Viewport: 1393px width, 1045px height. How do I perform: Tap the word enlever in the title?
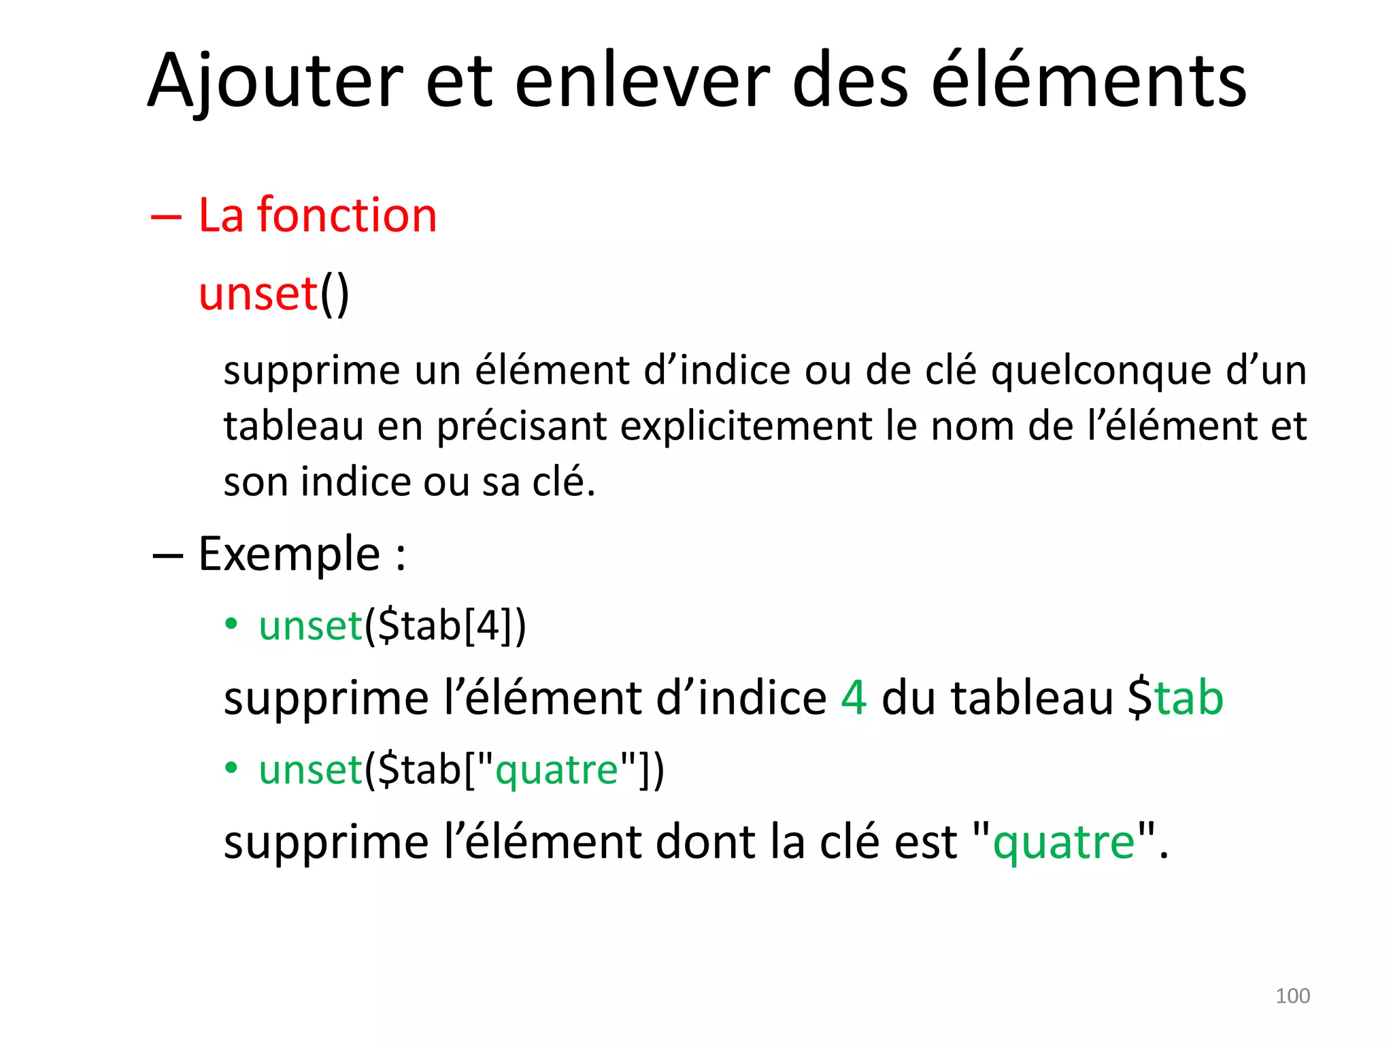[x=642, y=82]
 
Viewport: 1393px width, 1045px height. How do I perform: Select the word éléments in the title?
[x=1088, y=82]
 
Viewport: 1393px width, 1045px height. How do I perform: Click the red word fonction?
[x=347, y=215]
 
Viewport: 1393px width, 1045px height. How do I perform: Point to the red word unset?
[x=258, y=294]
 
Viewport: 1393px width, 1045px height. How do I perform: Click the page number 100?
[x=1292, y=996]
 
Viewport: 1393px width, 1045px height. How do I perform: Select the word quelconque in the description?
[x=1101, y=371]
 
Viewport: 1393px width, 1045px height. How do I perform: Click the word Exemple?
[x=289, y=554]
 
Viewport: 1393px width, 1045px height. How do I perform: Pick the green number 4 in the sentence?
[x=854, y=698]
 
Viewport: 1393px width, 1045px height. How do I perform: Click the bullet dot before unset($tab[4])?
[x=232, y=624]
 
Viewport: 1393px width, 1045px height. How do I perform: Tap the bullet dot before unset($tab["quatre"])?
[x=232, y=768]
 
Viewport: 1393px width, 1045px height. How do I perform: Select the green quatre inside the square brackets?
[x=556, y=770]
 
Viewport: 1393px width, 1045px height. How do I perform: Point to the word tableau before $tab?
[x=1032, y=698]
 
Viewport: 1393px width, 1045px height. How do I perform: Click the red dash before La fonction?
[x=167, y=217]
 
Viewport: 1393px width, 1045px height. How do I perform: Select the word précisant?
[x=522, y=427]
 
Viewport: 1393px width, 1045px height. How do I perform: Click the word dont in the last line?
[x=706, y=842]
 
